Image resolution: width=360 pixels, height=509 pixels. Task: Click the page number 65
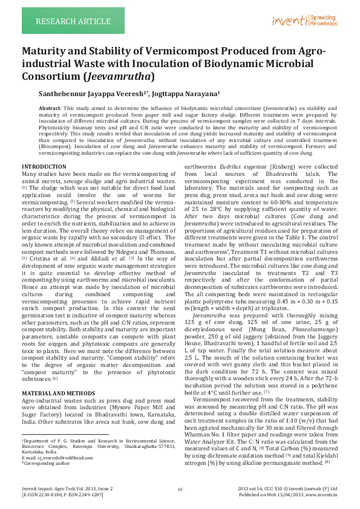coord(180,488)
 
